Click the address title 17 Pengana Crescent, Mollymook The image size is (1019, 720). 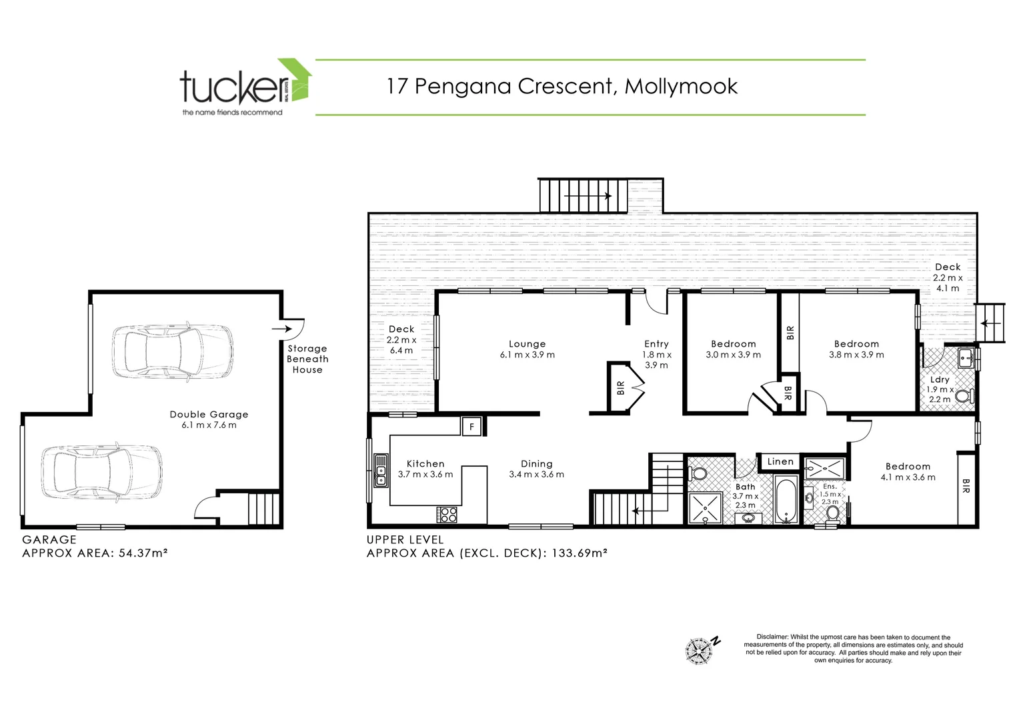pos(562,86)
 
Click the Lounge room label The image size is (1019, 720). pos(527,344)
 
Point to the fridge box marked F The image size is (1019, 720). pos(471,426)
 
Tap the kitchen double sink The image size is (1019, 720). pos(381,471)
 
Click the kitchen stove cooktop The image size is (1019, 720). pos(447,515)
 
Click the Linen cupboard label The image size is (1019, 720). pos(780,461)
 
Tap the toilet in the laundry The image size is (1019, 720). pos(962,398)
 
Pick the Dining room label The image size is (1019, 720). pos(536,464)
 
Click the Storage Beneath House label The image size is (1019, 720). pos(307,359)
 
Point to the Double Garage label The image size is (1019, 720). pos(209,415)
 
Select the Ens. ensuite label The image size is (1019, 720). pos(830,487)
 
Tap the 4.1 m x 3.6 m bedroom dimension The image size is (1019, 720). pos(908,477)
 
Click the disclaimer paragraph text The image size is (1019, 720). pos(853,649)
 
